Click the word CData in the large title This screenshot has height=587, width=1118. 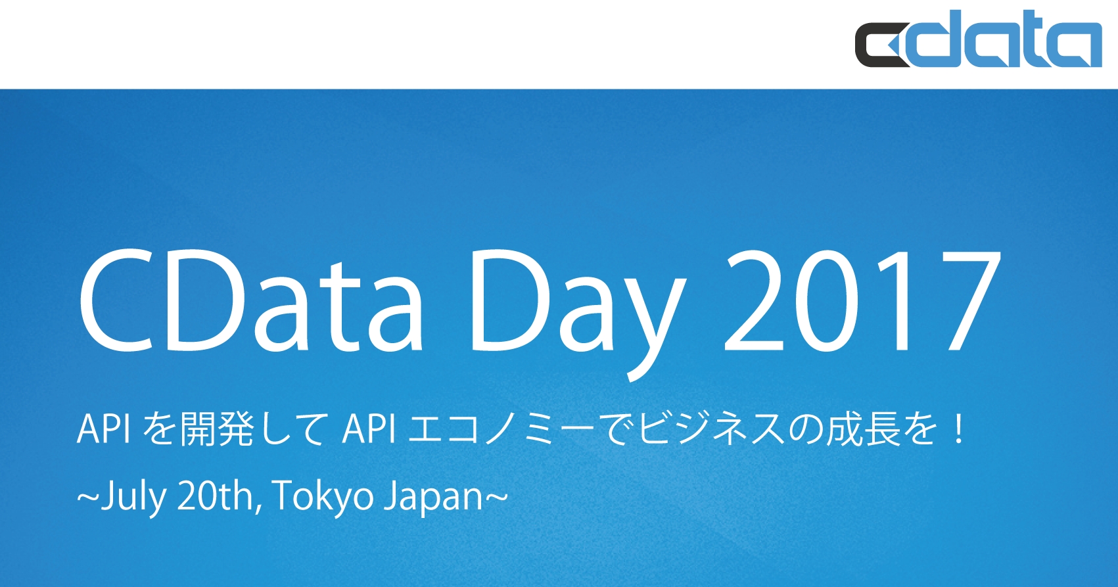[250, 300]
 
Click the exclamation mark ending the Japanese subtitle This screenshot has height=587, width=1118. [959, 429]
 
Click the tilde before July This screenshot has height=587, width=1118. [87, 496]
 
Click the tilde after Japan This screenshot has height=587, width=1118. [497, 496]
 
